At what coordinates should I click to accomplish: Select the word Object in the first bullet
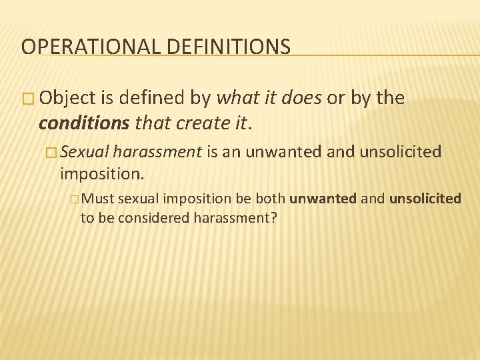coord(67,98)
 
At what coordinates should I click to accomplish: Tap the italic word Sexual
coord(85,153)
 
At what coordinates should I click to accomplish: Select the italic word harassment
coord(157,153)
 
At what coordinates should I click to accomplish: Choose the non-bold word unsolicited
coord(400,153)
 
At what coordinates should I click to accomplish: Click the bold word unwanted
coord(323,199)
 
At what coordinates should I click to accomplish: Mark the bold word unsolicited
coord(425,199)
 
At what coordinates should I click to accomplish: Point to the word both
coord(272,199)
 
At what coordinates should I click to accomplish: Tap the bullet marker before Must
coord(73,199)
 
